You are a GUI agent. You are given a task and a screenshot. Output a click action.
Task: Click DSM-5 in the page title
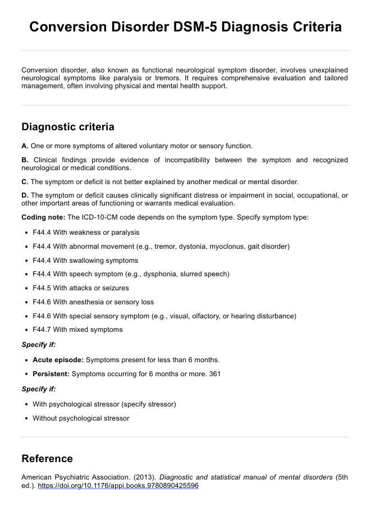[195, 27]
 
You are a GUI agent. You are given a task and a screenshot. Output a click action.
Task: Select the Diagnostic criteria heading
[67, 127]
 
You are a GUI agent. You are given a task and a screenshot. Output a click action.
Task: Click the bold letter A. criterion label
[25, 145]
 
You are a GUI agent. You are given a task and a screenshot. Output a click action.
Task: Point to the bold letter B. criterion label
[25, 160]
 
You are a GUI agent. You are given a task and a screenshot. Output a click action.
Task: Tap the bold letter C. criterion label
[25, 181]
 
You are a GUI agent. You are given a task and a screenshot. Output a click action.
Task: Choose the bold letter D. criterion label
[25, 195]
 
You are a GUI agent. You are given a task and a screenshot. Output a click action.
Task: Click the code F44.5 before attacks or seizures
[42, 288]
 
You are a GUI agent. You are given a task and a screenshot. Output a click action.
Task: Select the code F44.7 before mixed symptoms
[42, 330]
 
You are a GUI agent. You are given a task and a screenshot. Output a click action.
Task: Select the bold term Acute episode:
[58, 360]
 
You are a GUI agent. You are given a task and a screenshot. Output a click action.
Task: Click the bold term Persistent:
[51, 374]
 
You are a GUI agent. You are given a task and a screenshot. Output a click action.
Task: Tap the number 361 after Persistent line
[214, 374]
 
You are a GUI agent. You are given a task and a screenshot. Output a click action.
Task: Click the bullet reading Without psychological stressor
[81, 418]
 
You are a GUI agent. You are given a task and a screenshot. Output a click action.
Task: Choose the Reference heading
[47, 459]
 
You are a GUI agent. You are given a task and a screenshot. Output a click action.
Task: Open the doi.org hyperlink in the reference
[118, 486]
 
